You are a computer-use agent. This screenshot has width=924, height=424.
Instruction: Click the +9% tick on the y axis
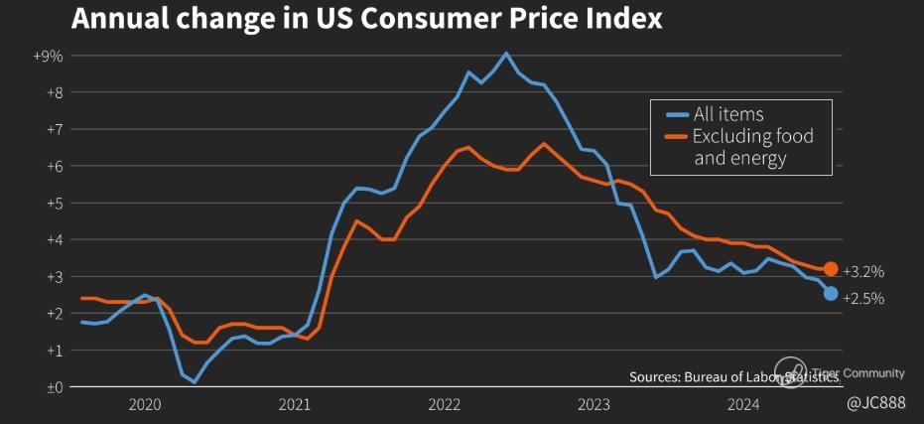pyautogui.click(x=48, y=57)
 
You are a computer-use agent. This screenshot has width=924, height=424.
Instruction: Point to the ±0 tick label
pyautogui.click(x=54, y=387)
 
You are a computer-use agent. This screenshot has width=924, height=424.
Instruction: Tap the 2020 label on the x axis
pyautogui.click(x=145, y=404)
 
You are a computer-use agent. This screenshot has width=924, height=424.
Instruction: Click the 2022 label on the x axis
pyautogui.click(x=444, y=404)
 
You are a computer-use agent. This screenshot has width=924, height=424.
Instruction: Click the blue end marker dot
pyautogui.click(x=831, y=294)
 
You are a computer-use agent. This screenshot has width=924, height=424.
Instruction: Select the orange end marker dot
pyautogui.click(x=831, y=269)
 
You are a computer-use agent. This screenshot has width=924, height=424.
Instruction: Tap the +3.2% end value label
pyautogui.click(x=862, y=271)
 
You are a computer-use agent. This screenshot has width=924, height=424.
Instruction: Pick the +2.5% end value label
pyautogui.click(x=862, y=298)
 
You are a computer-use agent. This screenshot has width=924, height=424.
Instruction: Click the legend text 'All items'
pyautogui.click(x=728, y=114)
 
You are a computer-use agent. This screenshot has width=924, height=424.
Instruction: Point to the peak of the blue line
pyautogui.click(x=506, y=54)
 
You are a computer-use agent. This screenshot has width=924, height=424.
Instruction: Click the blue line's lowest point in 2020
pyautogui.click(x=195, y=381)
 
